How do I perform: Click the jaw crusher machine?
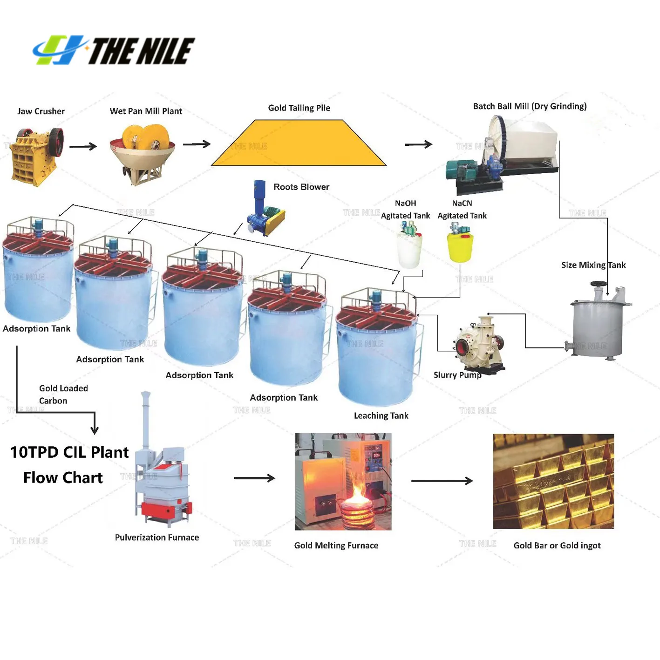point(36,156)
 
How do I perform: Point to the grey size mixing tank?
point(598,324)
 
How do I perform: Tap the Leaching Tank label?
point(381,415)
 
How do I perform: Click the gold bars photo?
point(553,481)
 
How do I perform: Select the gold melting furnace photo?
point(343,481)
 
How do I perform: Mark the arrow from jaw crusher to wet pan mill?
point(83,146)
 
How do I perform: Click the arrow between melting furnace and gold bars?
point(442,481)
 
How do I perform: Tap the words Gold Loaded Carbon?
point(63,394)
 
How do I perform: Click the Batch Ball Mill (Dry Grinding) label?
point(530,106)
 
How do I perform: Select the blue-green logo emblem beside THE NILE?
point(58,50)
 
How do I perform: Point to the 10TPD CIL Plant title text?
point(69,452)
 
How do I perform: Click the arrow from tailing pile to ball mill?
point(418,144)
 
